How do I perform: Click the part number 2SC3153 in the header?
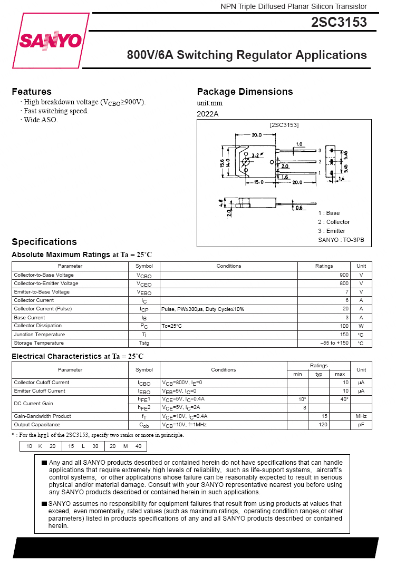(x=339, y=23)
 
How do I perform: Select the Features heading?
(x=32, y=92)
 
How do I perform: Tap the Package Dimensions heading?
(x=245, y=92)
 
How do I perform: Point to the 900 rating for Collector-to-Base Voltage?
(x=344, y=275)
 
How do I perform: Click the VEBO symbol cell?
(x=144, y=292)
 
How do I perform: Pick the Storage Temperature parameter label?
(x=40, y=343)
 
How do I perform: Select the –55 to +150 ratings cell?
(x=334, y=343)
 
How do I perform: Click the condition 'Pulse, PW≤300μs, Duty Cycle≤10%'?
(x=203, y=309)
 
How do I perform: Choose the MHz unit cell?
(x=361, y=416)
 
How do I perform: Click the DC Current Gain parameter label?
(x=34, y=404)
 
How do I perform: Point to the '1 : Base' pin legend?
(x=329, y=213)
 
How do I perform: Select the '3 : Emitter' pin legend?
(x=332, y=231)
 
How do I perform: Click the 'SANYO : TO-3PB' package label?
(x=341, y=240)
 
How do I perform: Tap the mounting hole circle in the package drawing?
(x=245, y=161)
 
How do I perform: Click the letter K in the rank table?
(x=40, y=446)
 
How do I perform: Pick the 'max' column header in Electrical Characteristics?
(x=340, y=374)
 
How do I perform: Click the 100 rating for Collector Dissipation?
(x=344, y=326)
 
